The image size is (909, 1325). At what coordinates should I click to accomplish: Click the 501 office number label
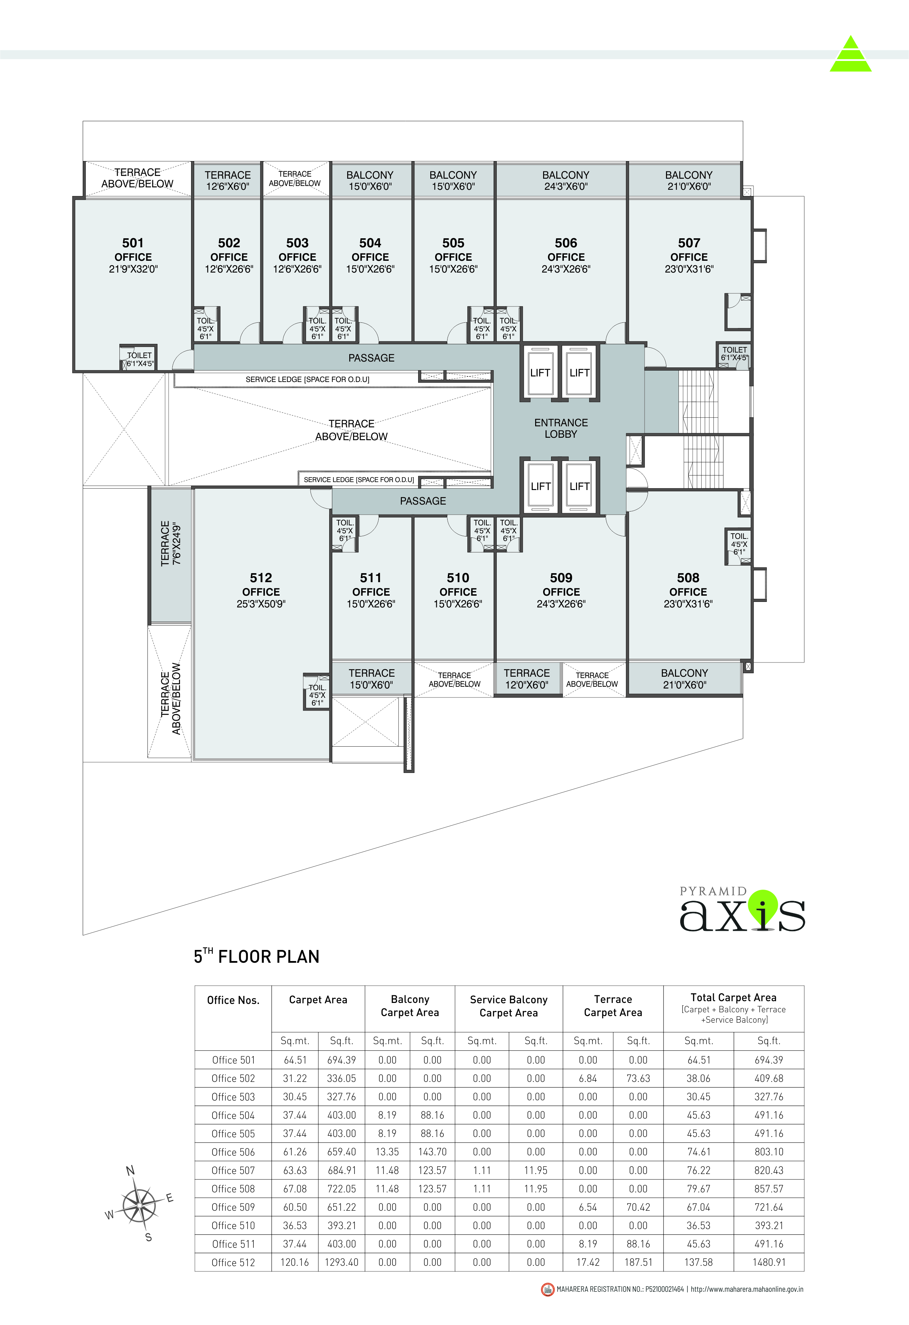pyautogui.click(x=133, y=243)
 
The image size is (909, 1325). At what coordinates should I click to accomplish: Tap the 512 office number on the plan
pyautogui.click(x=261, y=578)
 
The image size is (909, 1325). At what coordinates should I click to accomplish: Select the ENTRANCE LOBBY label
pyautogui.click(x=561, y=428)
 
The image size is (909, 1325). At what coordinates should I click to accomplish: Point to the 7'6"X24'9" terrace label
pyautogui.click(x=170, y=543)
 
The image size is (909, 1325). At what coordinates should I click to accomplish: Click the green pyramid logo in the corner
pyautogui.click(x=850, y=54)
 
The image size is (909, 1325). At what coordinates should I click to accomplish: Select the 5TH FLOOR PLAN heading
pyautogui.click(x=256, y=956)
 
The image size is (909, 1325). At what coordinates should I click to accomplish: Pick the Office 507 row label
pyautogui.click(x=233, y=1171)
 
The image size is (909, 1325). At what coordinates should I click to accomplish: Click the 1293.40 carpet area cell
pyautogui.click(x=341, y=1262)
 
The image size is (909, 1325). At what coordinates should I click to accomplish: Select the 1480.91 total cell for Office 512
pyautogui.click(x=769, y=1262)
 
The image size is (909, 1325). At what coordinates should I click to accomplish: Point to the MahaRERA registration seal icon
pyautogui.click(x=548, y=1289)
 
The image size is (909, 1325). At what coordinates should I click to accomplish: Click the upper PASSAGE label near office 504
pyautogui.click(x=371, y=358)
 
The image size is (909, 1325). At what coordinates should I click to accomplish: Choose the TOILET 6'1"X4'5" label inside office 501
pyautogui.click(x=139, y=359)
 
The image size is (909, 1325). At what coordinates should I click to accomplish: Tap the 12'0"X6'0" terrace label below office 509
pyautogui.click(x=526, y=679)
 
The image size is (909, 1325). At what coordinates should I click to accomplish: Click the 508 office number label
pyautogui.click(x=688, y=578)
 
